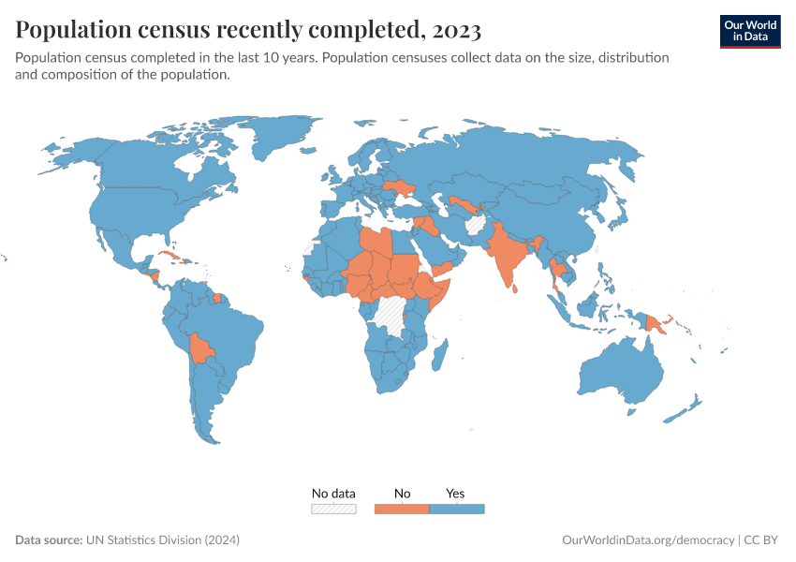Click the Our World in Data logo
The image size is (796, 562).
(x=749, y=31)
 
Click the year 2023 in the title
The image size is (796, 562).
(x=457, y=30)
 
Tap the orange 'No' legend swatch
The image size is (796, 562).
(x=402, y=509)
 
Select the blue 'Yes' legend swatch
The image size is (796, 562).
(x=456, y=509)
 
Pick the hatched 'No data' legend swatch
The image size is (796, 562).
(x=333, y=509)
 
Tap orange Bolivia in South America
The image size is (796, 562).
(x=200, y=349)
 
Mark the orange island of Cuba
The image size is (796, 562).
(x=168, y=256)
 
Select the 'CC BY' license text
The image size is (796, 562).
(x=762, y=540)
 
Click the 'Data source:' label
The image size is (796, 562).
(x=49, y=540)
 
